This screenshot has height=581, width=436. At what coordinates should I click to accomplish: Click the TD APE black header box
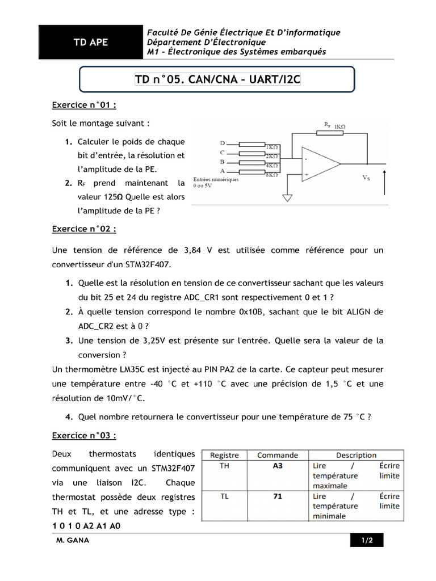click(90, 43)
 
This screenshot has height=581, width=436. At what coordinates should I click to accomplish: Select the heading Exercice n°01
click(84, 105)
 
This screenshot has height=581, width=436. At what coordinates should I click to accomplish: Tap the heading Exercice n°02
click(84, 229)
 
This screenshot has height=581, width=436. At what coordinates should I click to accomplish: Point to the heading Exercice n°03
click(84, 436)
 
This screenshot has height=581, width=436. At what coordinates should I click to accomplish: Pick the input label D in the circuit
click(223, 144)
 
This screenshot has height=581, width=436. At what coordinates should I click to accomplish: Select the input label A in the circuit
click(223, 171)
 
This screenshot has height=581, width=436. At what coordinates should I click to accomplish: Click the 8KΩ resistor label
click(272, 175)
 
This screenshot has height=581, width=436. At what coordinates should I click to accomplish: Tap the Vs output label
click(366, 178)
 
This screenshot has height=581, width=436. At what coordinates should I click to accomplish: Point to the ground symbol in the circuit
click(288, 198)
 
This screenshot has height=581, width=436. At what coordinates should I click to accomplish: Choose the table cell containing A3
click(277, 466)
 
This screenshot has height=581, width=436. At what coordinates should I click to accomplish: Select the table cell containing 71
click(277, 496)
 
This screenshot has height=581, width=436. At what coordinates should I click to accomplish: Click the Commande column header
click(277, 455)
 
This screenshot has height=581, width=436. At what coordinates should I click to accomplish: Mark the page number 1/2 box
click(367, 541)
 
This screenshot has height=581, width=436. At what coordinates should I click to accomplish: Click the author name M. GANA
click(73, 541)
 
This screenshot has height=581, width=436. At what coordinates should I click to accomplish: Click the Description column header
click(356, 455)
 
